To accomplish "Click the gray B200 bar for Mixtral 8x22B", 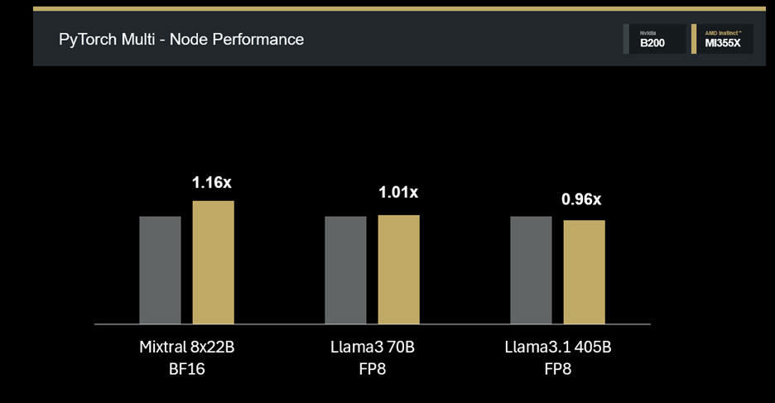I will click(160, 270).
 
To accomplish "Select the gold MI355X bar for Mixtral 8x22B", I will click(214, 262).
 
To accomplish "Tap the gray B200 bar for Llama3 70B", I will click(345, 270).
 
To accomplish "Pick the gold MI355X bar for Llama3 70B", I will click(399, 269).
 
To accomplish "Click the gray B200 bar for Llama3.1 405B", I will click(531, 270).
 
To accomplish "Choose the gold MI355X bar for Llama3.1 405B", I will click(585, 271).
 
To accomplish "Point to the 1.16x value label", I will click(212, 183).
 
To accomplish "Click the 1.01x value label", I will click(398, 193).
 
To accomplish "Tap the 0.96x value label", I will click(583, 199).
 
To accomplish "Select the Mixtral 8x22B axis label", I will click(187, 347).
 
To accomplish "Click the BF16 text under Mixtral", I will click(187, 369).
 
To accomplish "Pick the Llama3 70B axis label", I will click(373, 347).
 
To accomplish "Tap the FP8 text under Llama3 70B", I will click(373, 369).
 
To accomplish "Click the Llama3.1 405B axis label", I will click(558, 347).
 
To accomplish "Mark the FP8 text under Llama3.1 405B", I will click(558, 369).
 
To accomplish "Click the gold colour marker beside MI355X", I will click(694, 39).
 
